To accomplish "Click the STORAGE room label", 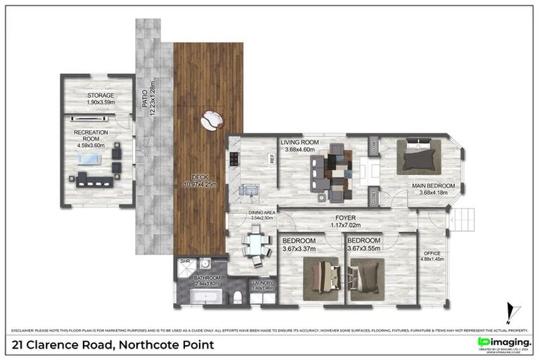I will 101,95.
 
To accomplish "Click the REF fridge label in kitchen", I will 272,159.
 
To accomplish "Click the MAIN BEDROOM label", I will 433,186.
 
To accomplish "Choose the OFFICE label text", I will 432,253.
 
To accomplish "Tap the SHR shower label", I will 186,262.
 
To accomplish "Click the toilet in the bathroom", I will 238,296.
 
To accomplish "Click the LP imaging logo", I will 503,342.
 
